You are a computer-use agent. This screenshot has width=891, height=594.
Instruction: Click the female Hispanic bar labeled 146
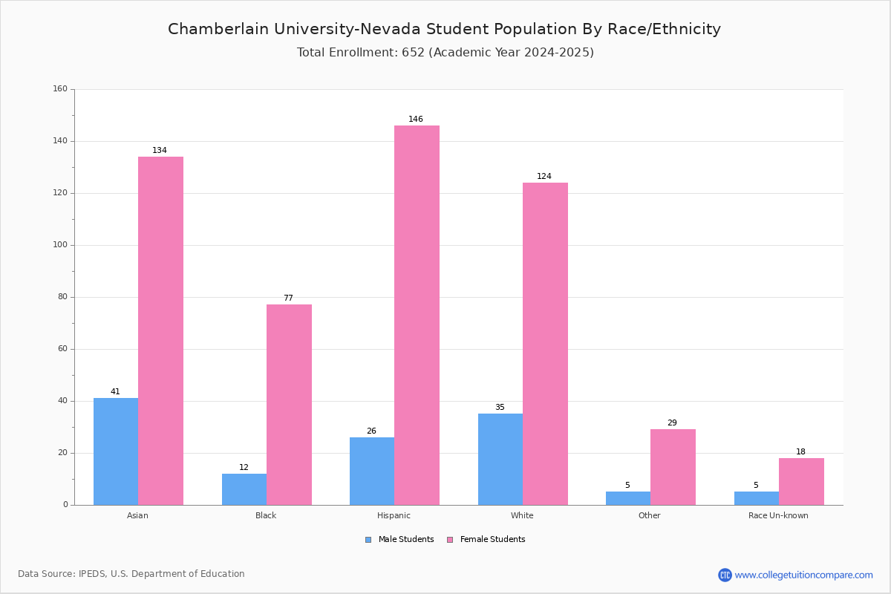click(x=417, y=315)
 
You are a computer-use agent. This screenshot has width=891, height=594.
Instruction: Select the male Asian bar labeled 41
click(x=116, y=451)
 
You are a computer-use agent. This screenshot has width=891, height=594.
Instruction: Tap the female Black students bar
click(x=289, y=405)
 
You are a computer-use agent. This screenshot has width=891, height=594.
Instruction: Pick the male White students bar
click(x=500, y=460)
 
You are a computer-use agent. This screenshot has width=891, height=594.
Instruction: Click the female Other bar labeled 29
click(x=673, y=467)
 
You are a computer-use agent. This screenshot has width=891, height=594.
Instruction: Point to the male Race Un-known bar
click(x=757, y=498)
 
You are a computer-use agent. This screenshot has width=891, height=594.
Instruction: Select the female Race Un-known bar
click(x=801, y=482)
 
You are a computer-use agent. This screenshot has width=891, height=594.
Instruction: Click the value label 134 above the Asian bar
click(x=160, y=150)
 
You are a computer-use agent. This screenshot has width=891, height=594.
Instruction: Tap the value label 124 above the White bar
click(x=544, y=176)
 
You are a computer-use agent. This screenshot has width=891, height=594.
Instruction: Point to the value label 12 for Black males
click(x=244, y=467)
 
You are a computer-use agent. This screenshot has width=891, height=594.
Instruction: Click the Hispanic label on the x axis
click(x=394, y=515)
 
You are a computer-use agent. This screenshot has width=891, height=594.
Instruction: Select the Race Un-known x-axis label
click(x=778, y=515)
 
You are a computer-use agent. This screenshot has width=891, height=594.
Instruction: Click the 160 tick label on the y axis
click(x=60, y=88)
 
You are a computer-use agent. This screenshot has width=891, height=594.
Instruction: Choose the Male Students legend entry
click(x=399, y=540)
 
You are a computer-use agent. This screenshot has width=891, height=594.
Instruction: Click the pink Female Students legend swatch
click(x=450, y=540)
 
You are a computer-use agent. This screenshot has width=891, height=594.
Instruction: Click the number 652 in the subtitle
click(x=414, y=53)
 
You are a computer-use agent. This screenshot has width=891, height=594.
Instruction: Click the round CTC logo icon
click(x=725, y=575)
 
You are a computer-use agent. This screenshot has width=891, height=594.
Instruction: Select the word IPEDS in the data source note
click(x=92, y=574)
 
